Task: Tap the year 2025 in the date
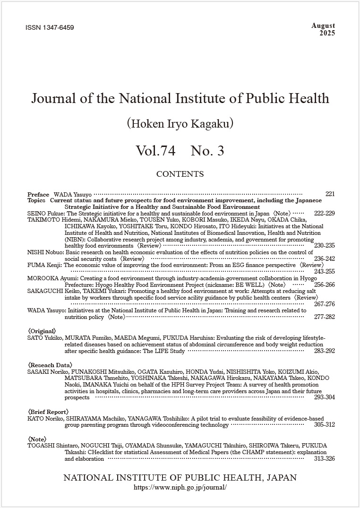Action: [327, 33]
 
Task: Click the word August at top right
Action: [323, 26]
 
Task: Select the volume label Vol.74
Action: [155, 151]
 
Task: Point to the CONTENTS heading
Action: [180, 174]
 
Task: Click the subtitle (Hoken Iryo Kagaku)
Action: [180, 124]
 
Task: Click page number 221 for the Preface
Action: [330, 194]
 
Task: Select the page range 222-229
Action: [324, 213]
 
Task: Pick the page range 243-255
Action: [324, 272]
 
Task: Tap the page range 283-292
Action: [324, 351]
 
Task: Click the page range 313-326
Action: [324, 458]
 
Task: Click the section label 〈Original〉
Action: [42, 331]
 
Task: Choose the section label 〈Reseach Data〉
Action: [50, 365]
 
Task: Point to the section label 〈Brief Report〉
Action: [48, 412]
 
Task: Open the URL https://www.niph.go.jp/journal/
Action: [180, 487]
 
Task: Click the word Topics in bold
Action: [36, 200]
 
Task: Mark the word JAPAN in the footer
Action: [282, 478]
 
